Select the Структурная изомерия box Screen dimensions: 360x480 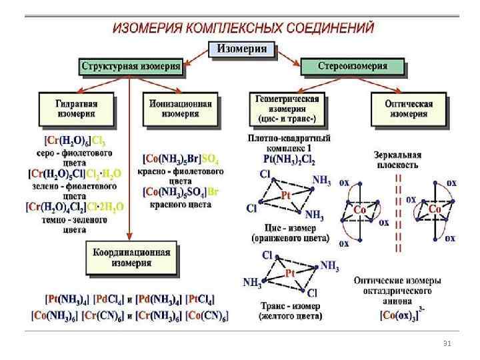(x=131, y=67)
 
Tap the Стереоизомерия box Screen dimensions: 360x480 (x=353, y=67)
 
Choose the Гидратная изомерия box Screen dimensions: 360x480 (x=78, y=109)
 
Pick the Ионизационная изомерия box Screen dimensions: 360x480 (x=180, y=109)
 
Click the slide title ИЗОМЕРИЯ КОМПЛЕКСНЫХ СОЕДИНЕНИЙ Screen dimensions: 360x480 (x=243, y=28)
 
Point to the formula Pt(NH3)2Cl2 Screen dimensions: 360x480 (x=289, y=160)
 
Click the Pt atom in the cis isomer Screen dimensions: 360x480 (x=285, y=195)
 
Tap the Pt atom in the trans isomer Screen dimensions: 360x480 (x=290, y=274)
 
